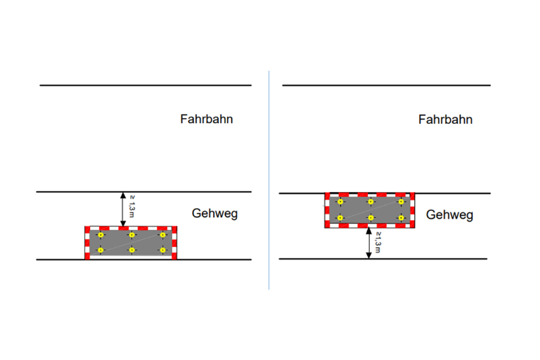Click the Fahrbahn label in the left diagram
[207, 120]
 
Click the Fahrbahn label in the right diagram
[445, 120]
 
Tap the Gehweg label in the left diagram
[214, 214]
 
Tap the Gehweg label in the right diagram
[449, 215]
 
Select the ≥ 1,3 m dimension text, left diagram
[132, 206]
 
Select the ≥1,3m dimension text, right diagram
[378, 243]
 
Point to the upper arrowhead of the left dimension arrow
[123, 195]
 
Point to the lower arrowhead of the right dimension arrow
[368, 255]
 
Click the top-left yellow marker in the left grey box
[101, 235]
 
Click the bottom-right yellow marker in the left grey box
[163, 250]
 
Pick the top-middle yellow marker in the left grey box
[132, 235]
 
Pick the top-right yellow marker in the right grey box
[401, 202]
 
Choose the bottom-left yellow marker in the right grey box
[340, 218]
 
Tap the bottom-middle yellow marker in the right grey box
[371, 218]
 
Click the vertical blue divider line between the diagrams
[269, 180]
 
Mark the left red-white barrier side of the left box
[87, 243]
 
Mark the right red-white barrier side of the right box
[412, 210]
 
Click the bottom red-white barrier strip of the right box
[370, 226]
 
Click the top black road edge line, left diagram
[146, 85]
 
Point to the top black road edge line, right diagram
[387, 85]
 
